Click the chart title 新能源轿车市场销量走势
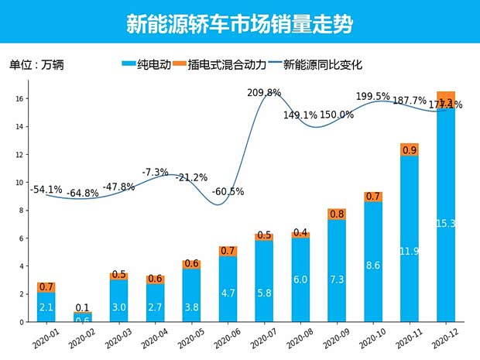coord(239,25)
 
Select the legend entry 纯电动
coord(147,65)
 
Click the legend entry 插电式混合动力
coord(228,65)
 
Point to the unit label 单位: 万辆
coord(36,65)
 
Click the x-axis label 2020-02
coord(79,337)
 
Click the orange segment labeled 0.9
coord(410,150)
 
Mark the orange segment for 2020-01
coord(46,287)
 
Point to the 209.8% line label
coord(264,93)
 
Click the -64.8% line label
coord(82,193)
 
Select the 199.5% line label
coord(373,97)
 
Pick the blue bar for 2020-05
coord(191,295)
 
